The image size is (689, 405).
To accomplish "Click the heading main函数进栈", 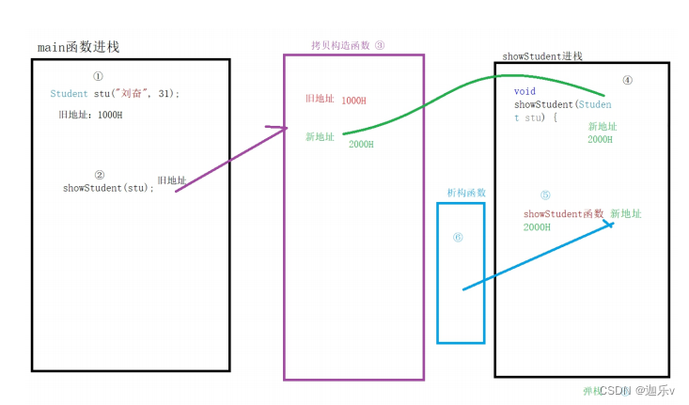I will [78, 47].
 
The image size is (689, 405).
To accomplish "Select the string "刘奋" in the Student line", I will [129, 94].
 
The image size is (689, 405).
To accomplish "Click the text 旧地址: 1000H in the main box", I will [90, 115].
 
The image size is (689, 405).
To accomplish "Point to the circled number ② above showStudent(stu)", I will [100, 174].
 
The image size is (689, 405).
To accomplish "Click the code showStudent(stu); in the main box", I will [108, 188].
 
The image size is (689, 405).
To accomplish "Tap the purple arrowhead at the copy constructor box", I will [280, 129].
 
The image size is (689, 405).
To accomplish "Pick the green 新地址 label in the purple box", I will [320, 136].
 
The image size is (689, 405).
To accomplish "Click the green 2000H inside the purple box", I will [361, 145].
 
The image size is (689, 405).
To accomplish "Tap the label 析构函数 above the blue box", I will [466, 193].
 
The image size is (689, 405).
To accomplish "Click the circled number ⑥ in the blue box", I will [458, 238].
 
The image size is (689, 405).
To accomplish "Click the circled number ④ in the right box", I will [628, 80].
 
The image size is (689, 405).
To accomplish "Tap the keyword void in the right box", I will [525, 92].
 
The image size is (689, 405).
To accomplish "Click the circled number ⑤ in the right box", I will [545, 195].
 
